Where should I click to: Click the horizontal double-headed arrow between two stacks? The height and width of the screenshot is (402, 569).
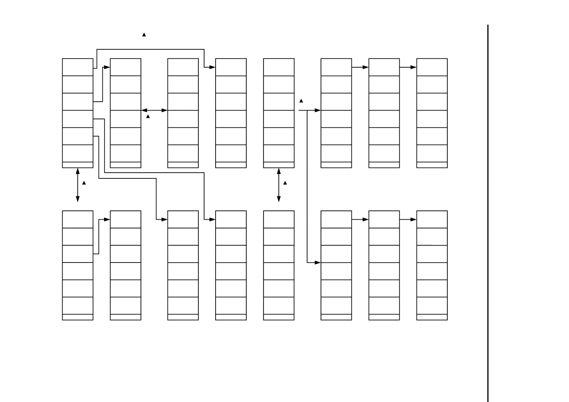pyautogui.click(x=154, y=110)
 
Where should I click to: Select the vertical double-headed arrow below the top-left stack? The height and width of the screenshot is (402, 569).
pyautogui.click(x=78, y=185)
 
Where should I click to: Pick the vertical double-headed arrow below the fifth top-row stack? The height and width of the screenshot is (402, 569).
pyautogui.click(x=279, y=185)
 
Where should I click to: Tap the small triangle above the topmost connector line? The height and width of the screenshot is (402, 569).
pyautogui.click(x=144, y=34)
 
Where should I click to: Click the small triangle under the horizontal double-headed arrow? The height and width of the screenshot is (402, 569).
pyautogui.click(x=148, y=116)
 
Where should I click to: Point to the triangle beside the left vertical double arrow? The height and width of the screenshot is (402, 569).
pyautogui.click(x=84, y=183)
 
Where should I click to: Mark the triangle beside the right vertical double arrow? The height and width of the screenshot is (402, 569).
pyautogui.click(x=285, y=183)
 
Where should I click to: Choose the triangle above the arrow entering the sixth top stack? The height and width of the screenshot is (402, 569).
pyautogui.click(x=301, y=101)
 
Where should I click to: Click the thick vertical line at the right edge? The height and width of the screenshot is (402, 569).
pyautogui.click(x=488, y=213)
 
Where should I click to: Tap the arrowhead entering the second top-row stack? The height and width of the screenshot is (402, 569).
pyautogui.click(x=107, y=67)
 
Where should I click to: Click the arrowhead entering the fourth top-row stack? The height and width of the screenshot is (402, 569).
pyautogui.click(x=212, y=67)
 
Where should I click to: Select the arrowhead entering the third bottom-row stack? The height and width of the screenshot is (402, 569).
pyautogui.click(x=164, y=220)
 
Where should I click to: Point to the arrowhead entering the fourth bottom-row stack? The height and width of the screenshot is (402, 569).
pyautogui.click(x=212, y=220)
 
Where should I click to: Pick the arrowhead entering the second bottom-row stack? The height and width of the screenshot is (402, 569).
pyautogui.click(x=107, y=220)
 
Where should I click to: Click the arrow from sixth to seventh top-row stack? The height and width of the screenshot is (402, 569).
pyautogui.click(x=360, y=67)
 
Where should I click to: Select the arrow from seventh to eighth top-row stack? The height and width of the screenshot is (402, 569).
pyautogui.click(x=408, y=67)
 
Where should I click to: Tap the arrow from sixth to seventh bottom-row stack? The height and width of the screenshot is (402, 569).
pyautogui.click(x=360, y=220)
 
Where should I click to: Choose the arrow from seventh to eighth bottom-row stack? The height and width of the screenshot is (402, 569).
pyautogui.click(x=408, y=220)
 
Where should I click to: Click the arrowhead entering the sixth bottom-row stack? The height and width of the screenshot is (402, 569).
pyautogui.click(x=318, y=262)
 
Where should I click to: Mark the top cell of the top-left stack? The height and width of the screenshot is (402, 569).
pyautogui.click(x=78, y=67)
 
